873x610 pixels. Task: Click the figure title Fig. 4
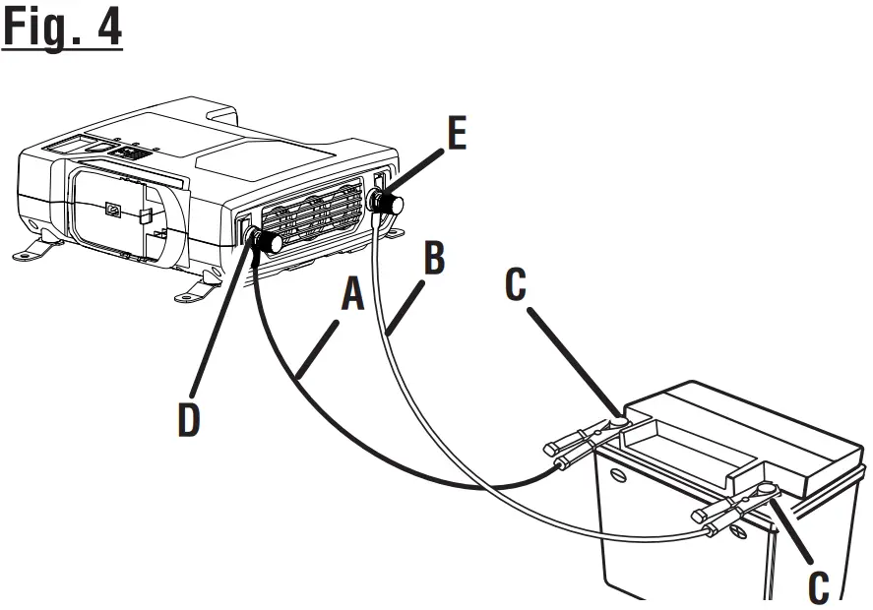[x=63, y=28]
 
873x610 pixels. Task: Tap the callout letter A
[x=352, y=295]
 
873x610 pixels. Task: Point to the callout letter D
[x=188, y=417]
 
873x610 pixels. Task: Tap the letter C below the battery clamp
[x=818, y=585]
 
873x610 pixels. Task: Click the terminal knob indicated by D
[x=268, y=241]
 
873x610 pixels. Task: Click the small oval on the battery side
[x=618, y=475]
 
